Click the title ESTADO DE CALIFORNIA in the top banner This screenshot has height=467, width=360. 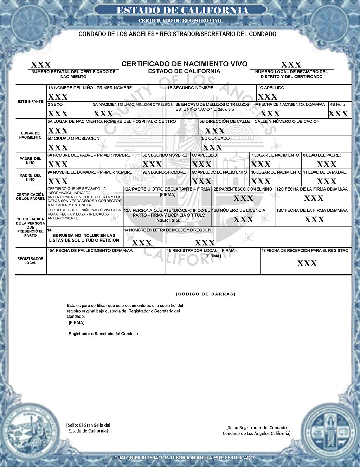click(182, 11)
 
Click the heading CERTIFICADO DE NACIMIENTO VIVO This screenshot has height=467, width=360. click(184, 64)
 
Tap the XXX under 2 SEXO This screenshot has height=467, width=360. click(58, 114)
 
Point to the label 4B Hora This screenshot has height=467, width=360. click(337, 105)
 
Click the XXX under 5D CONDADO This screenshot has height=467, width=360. click(212, 147)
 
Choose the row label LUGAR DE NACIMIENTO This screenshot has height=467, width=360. click(31, 135)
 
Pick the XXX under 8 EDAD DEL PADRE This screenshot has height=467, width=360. click(327, 164)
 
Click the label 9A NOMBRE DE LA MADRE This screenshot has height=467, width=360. click(90, 172)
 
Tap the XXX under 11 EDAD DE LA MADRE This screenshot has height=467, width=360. click(327, 181)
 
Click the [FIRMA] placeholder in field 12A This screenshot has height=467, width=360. click(167, 194)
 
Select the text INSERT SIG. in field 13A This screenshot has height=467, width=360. click(167, 220)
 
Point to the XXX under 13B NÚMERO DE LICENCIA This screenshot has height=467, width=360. click(243, 219)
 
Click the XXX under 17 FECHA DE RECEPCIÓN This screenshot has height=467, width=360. click(307, 263)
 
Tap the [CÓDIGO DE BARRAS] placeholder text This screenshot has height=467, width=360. click(206, 294)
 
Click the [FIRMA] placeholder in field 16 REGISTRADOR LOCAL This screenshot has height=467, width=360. click(213, 256)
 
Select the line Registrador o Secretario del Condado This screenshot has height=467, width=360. click(103, 334)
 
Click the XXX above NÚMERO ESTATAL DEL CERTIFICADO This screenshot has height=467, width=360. click(41, 65)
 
